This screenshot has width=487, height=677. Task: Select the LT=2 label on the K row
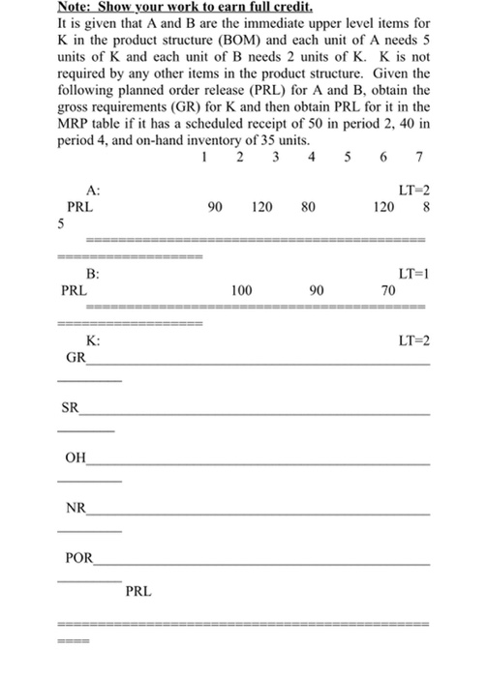tap(413, 340)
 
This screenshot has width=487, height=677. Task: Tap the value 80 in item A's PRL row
tap(307, 206)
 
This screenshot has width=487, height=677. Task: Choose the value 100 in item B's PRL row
tap(242, 289)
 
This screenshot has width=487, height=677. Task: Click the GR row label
tap(75, 357)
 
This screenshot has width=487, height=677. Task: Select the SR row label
tap(70, 408)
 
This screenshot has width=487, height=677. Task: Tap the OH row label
tap(75, 458)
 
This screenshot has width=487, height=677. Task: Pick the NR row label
tap(74, 509)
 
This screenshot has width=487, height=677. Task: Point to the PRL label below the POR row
tap(138, 590)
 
